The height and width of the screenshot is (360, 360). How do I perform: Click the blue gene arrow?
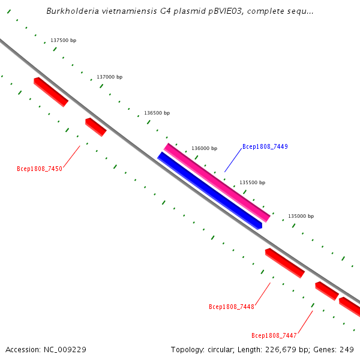coord(210,190)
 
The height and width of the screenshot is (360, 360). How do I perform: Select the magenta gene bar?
coord(217,182)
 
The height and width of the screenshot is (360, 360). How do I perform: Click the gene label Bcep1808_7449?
coord(265,146)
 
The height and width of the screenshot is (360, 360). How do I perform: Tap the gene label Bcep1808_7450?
coord(40,169)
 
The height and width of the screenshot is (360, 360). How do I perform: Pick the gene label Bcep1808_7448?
coord(232,307)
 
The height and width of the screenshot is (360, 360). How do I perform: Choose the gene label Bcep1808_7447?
coord(274,335)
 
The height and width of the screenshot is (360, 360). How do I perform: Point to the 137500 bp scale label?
coord(63,40)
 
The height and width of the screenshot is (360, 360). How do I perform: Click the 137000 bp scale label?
coord(109,77)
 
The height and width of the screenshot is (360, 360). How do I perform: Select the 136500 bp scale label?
coord(157,113)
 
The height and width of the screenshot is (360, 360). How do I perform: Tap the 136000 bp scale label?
coord(204,148)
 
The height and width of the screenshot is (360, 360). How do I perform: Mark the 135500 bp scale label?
coord(252,182)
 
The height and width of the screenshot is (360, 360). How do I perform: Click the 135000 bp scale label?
coord(301,216)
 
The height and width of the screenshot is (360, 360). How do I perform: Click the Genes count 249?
coord(347,349)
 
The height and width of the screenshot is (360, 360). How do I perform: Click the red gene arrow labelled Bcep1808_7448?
coord(284,263)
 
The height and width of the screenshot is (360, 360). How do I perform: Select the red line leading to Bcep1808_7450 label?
coord(71,157)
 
